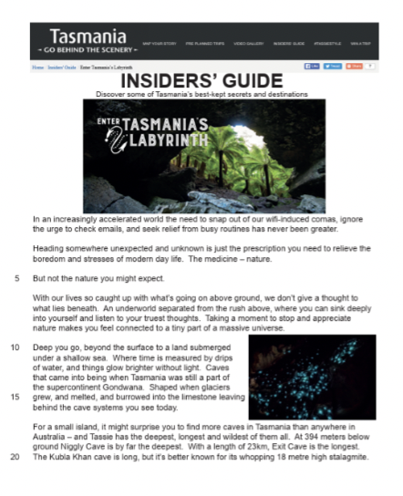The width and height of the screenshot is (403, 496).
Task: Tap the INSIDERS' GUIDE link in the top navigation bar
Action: coord(288,42)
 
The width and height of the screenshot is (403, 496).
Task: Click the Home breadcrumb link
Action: coord(37,67)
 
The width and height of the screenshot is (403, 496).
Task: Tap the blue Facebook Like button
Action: coord(312,67)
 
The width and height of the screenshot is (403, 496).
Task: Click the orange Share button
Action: coord(352,67)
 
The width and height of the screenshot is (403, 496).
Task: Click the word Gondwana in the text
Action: coord(145,387)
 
